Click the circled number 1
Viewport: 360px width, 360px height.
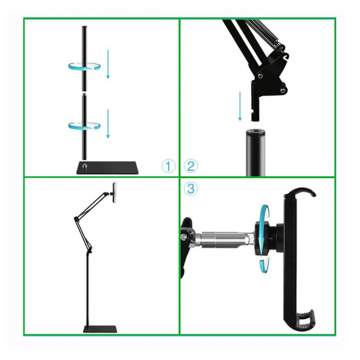coord(168,167)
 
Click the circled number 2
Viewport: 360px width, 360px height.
coord(191,167)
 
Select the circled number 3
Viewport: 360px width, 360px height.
coord(191,189)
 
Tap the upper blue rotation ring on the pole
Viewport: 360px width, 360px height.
coord(84,67)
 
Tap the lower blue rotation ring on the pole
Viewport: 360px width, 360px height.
coord(84,125)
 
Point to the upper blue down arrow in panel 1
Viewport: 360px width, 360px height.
coord(108,65)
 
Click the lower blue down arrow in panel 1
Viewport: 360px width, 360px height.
coord(108,123)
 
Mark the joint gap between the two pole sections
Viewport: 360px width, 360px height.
coord(84,92)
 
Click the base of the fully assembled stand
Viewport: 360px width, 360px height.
coord(101,329)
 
